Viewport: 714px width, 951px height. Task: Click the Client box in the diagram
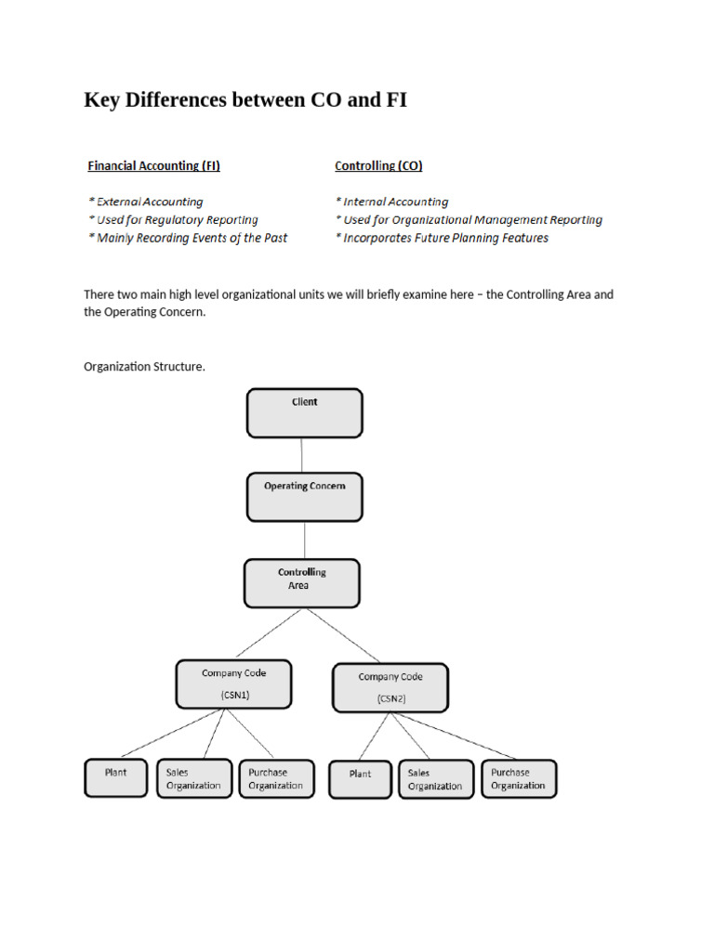pyautogui.click(x=305, y=413)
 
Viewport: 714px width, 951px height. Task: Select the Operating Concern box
pyautogui.click(x=305, y=498)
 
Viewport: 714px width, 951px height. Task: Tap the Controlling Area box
pyautogui.click(x=302, y=583)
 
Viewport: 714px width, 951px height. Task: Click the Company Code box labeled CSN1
pyautogui.click(x=233, y=684)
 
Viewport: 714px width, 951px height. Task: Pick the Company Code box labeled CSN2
pyautogui.click(x=390, y=688)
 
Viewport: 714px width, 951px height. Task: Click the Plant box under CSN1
pyautogui.click(x=116, y=778)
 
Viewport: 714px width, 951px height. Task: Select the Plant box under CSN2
pyautogui.click(x=360, y=779)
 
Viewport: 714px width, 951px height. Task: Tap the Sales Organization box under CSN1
pyautogui.click(x=194, y=779)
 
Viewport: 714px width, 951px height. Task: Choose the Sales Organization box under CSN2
pyautogui.click(x=436, y=779)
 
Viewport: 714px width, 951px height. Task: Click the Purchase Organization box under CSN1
pyautogui.click(x=277, y=779)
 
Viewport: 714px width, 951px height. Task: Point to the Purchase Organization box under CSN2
pyautogui.click(x=519, y=779)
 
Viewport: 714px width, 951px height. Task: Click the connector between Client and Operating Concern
pyautogui.click(x=302, y=455)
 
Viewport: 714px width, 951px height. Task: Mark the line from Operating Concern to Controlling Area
pyautogui.click(x=305, y=541)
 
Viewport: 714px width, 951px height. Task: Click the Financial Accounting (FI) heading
pyautogui.click(x=153, y=165)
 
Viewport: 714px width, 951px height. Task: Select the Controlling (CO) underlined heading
pyautogui.click(x=378, y=165)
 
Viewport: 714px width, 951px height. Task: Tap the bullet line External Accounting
pyautogui.click(x=146, y=202)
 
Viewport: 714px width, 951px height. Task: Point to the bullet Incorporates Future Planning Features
pyautogui.click(x=442, y=238)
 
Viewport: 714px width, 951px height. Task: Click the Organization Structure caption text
pyautogui.click(x=144, y=367)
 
